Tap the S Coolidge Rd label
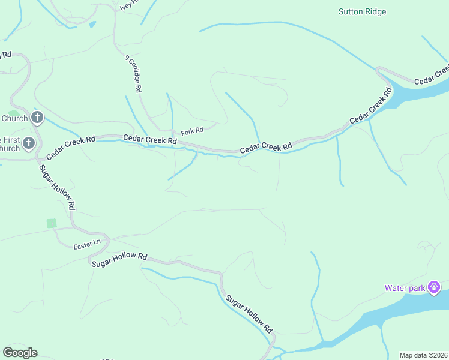pyautogui.click(x=133, y=74)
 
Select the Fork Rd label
pyautogui.click(x=192, y=130)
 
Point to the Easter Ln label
pyautogui.click(x=83, y=247)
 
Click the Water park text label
pyautogui.click(x=405, y=288)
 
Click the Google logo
pyautogui.click(x=20, y=353)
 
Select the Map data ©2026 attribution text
pyautogui.click(x=423, y=355)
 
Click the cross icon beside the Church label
pyautogui.click(x=37, y=118)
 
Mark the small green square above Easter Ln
pyautogui.click(x=52, y=223)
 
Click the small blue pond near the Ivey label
pyautogui.click(x=92, y=25)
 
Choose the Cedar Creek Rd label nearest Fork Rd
pyautogui.click(x=150, y=139)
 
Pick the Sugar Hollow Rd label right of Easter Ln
pyautogui.click(x=119, y=259)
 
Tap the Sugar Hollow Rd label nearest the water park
pyautogui.click(x=249, y=314)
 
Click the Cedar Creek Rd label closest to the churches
pyautogui.click(x=71, y=146)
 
